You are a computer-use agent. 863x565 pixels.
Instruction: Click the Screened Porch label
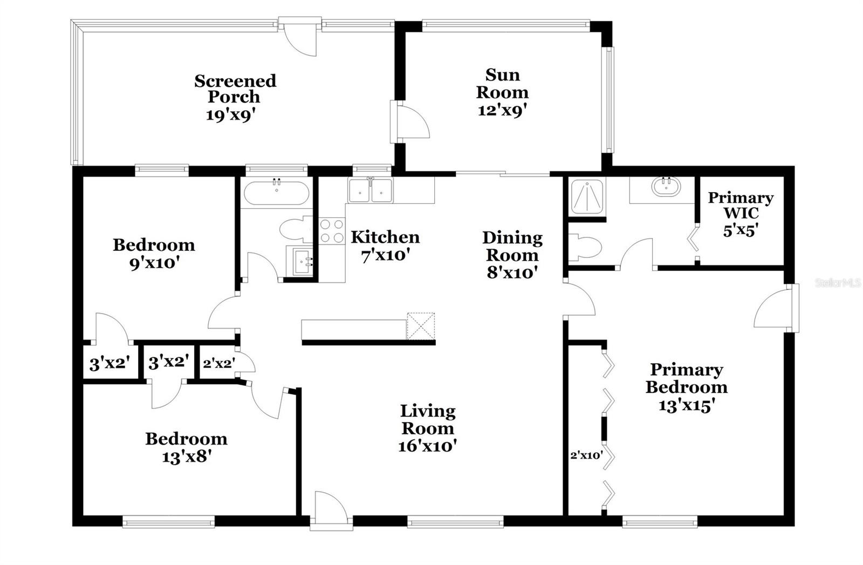[x=235, y=89]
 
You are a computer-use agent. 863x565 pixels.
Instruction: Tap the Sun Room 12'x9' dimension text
[x=502, y=110]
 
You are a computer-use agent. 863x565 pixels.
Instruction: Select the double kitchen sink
[x=371, y=190]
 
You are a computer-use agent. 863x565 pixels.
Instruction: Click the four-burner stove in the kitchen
[x=331, y=230]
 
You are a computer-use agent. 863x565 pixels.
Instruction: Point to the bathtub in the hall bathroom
[x=276, y=193]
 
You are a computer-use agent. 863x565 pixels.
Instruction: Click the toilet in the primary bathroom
[x=585, y=248]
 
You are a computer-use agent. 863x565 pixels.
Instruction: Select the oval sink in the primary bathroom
[x=666, y=186]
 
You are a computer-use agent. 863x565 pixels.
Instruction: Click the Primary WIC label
[x=741, y=205]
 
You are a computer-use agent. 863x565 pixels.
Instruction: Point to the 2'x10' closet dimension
[x=586, y=455]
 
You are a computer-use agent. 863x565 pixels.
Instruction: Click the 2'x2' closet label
[x=218, y=363]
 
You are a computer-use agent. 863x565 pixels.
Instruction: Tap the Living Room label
[x=428, y=420]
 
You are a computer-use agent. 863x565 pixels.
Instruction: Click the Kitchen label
[x=385, y=237]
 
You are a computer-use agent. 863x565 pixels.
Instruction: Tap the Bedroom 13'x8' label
[x=186, y=447]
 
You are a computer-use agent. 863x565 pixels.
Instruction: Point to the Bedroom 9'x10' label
[x=154, y=253]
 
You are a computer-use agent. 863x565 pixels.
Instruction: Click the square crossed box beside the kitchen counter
[x=421, y=326]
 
